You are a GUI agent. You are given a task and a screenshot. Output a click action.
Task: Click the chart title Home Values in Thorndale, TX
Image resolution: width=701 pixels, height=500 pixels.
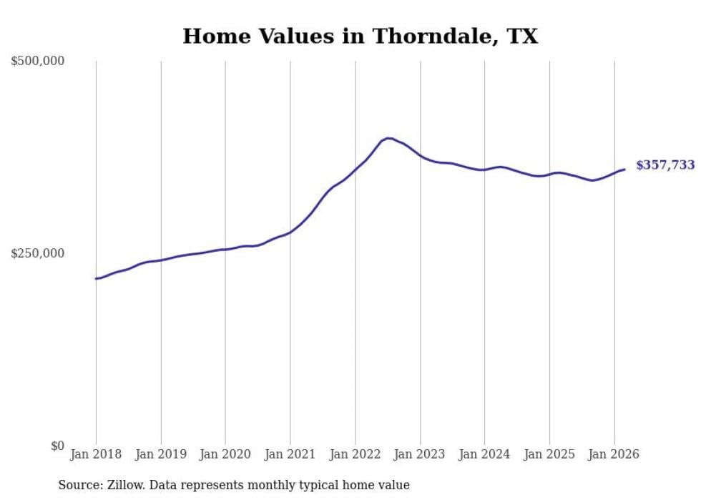(x=360, y=36)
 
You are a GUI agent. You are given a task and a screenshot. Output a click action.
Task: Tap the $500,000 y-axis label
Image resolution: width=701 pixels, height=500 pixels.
(x=37, y=62)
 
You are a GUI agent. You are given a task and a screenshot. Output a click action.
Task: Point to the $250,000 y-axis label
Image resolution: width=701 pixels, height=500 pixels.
(x=37, y=253)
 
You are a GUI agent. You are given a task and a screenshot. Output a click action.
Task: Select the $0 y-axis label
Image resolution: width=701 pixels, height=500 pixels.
(x=57, y=446)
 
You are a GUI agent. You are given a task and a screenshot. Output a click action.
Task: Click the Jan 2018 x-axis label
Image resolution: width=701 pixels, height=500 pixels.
(x=96, y=454)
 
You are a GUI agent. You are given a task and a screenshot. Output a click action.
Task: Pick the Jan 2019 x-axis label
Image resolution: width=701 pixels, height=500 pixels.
(x=161, y=454)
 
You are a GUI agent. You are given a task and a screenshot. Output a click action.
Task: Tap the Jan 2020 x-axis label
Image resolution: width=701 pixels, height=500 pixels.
(x=225, y=454)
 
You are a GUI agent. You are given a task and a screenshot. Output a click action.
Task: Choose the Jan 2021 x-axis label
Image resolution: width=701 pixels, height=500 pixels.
(x=290, y=454)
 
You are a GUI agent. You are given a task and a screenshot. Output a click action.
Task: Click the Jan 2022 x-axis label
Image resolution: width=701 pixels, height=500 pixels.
(x=355, y=454)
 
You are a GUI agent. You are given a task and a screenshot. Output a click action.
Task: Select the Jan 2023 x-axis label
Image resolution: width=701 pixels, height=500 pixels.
(x=420, y=454)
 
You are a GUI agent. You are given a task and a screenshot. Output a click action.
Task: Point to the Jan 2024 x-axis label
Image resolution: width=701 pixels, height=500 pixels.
(x=484, y=454)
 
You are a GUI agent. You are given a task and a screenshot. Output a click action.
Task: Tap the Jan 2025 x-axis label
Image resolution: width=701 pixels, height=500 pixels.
(x=549, y=454)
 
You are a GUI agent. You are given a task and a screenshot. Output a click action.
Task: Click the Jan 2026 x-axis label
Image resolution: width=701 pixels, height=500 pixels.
(x=614, y=454)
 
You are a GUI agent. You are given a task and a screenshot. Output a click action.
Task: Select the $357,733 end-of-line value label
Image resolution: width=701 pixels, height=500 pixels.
(x=665, y=165)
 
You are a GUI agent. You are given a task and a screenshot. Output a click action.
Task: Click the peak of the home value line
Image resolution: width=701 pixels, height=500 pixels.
(x=388, y=138)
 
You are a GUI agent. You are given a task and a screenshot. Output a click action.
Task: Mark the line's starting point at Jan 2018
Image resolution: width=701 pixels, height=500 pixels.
(x=96, y=278)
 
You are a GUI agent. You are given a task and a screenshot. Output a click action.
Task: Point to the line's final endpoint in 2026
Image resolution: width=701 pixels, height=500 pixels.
(x=624, y=170)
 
